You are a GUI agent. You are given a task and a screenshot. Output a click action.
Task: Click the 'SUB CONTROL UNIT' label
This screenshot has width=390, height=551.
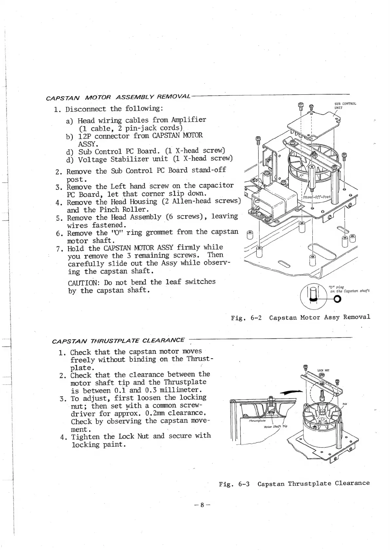pyautogui.click(x=345, y=105)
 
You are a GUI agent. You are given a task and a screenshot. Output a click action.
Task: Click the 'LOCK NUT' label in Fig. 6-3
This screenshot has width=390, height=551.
pyautogui.click(x=324, y=370)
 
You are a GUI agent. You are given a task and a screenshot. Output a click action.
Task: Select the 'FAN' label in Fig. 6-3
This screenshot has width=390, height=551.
pyautogui.click(x=344, y=404)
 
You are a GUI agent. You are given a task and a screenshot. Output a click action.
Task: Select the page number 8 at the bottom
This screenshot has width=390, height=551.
pyautogui.click(x=202, y=505)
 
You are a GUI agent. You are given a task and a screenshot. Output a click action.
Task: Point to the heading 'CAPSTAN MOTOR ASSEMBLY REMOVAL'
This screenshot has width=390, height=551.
pyautogui.click(x=118, y=98)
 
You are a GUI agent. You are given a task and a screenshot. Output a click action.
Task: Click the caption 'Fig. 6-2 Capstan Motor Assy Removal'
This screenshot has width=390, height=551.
pyautogui.click(x=300, y=317)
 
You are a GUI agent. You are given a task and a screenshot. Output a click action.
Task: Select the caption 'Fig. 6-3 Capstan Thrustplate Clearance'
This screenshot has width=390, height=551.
pyautogui.click(x=294, y=484)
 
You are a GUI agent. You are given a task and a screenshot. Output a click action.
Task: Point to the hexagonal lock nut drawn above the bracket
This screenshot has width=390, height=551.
pyautogui.click(x=322, y=380)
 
